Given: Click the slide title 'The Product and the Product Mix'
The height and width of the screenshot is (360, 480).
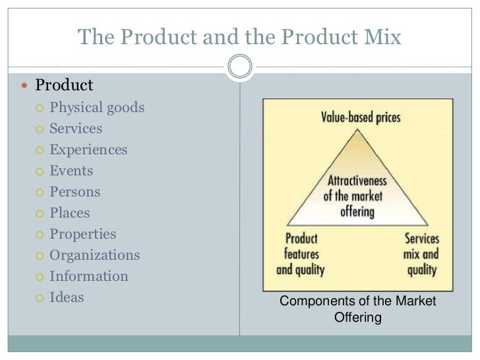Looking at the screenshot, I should coord(239,37).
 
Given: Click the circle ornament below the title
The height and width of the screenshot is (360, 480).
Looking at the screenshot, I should coord(239,66).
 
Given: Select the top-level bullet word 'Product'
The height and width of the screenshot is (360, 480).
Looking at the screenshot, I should coord(64,86).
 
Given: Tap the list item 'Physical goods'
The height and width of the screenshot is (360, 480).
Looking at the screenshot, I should coord(97,107).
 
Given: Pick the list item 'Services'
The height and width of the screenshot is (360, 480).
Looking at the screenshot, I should coord(76,129).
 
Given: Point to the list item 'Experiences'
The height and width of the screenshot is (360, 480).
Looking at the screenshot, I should coord(88,150).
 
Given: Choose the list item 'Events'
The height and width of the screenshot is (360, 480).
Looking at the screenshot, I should coord(71,171).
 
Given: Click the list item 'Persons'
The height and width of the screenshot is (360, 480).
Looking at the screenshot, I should coord(75,192).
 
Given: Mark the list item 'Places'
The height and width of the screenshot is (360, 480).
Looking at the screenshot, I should coord(70,213).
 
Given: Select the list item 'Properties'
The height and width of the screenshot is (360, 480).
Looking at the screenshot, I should coord(82,234).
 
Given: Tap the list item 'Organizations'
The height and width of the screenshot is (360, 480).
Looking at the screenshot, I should coord(94,255).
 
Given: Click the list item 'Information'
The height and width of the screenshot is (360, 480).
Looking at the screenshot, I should coord(89,276).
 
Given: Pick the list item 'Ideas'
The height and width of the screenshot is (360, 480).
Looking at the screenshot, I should coord(67,297).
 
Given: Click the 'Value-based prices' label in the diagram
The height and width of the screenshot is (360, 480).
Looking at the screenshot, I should coord(361,118).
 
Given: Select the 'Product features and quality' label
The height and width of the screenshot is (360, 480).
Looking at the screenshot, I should coord(301,254).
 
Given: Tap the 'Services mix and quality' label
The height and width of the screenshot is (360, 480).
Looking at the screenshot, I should coord(421,254).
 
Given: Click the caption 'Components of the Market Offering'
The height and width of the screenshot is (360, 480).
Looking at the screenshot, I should coord(358,309).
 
